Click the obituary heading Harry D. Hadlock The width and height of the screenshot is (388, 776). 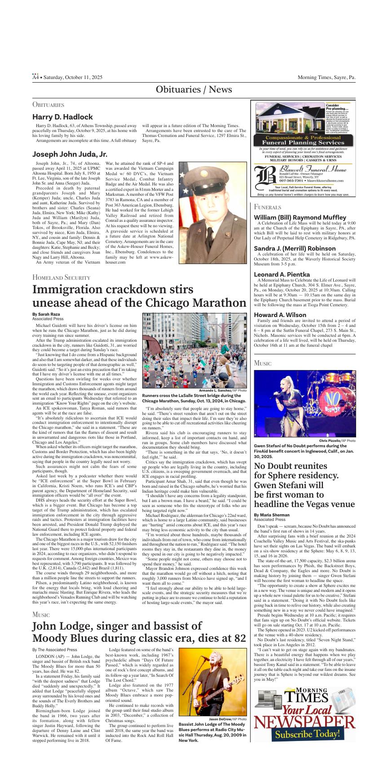point(62,117)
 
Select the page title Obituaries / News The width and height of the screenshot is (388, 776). point(194,90)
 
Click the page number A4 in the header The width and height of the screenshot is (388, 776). point(35,78)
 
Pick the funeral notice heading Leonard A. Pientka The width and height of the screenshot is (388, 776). point(282,274)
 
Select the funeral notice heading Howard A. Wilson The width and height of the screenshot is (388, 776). point(280,315)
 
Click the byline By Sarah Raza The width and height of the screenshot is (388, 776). point(46,314)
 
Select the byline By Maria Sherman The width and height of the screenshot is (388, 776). point(272,515)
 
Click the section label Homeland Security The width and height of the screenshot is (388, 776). point(62,278)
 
